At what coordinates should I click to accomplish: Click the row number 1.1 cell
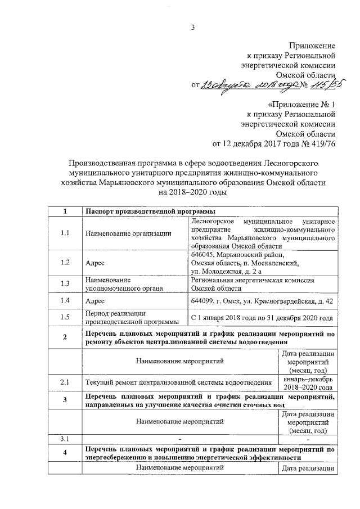[x=65, y=233]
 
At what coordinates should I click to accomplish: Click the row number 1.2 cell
[x=65, y=262]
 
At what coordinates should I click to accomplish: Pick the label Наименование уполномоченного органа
[x=120, y=283]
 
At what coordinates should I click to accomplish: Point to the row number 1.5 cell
[x=65, y=317]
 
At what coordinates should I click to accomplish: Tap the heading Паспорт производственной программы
[x=150, y=211]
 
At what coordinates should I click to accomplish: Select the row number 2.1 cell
[x=65, y=382]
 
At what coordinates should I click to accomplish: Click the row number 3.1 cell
[x=65, y=438]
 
